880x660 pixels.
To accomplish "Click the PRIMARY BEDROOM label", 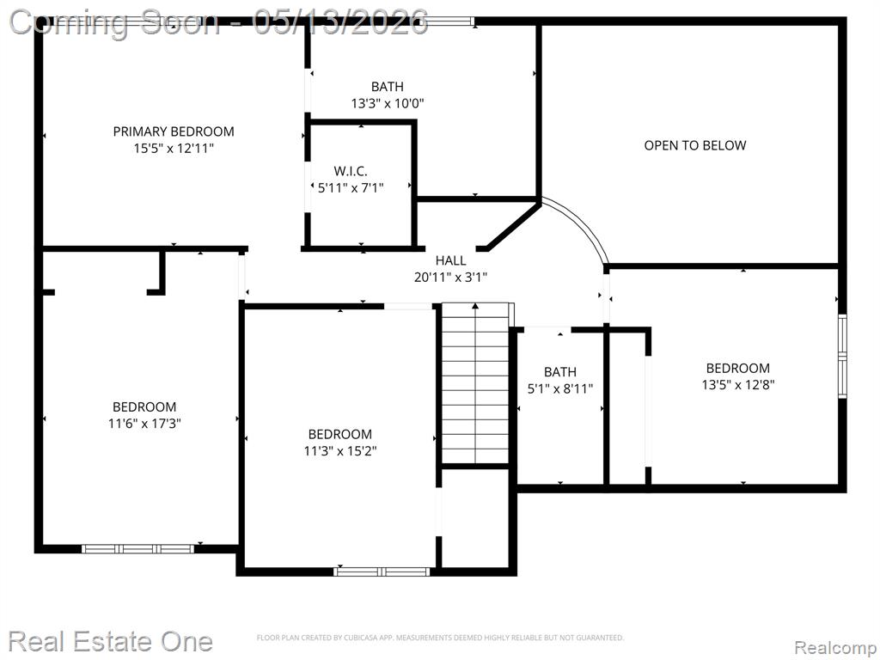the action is click(174, 131).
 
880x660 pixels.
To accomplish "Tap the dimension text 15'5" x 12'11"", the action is click(174, 149).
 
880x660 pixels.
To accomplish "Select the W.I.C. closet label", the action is click(351, 171).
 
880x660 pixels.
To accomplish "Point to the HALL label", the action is click(450, 260).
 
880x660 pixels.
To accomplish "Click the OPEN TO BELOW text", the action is click(694, 145).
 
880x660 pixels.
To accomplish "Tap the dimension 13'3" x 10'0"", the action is click(388, 103).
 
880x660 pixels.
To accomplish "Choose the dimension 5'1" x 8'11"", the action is click(560, 388).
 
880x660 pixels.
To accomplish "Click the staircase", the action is click(475, 383).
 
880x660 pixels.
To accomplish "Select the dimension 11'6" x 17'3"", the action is click(144, 423).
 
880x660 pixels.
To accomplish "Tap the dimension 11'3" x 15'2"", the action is click(340, 450).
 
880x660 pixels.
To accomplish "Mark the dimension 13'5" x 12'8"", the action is click(737, 384).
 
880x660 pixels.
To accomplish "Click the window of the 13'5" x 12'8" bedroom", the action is click(842, 356).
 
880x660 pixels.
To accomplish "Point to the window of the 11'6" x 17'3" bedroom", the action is click(138, 549).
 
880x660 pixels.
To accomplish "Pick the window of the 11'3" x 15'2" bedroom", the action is click(382, 571).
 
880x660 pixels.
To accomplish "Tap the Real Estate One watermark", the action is click(111, 641).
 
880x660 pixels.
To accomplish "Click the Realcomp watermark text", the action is click(834, 647).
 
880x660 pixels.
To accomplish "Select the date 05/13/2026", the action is click(340, 23).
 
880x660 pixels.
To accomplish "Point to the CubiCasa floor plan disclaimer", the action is click(440, 638).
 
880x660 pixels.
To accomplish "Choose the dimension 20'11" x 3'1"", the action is click(450, 278).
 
